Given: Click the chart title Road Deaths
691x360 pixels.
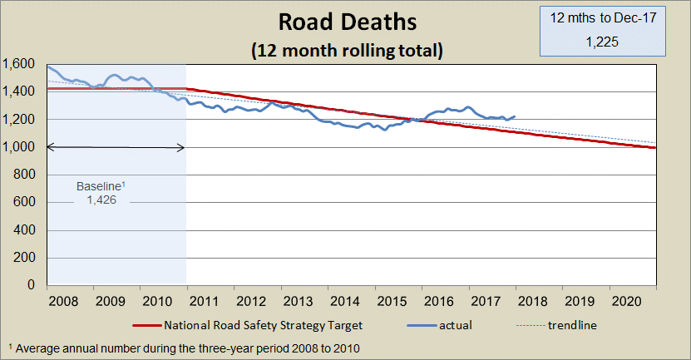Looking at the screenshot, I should coord(347,21).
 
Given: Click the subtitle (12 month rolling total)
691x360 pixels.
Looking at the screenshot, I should coord(347,50).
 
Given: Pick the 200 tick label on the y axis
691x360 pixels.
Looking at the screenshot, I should coord(23,258).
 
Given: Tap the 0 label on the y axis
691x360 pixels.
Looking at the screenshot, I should coord(30,285).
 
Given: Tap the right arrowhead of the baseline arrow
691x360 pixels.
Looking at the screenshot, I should coord(181,147).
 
